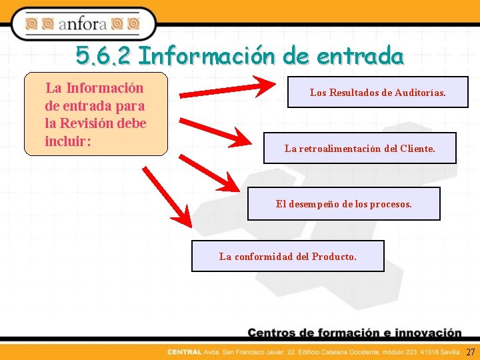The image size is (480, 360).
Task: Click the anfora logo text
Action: pos(82,25)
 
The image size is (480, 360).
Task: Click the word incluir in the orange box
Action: pos(67,141)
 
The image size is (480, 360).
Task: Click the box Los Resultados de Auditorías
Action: pos(377,93)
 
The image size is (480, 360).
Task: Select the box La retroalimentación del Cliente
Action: pos(360,149)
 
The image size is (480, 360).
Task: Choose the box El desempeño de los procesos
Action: pos(343,203)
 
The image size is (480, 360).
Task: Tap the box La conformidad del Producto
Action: pos(288,256)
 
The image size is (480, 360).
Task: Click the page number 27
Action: pos(471,352)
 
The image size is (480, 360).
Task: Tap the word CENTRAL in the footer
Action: pos(181,352)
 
